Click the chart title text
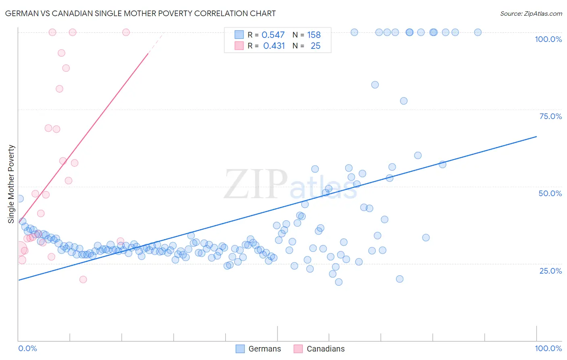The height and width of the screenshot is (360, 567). click(140, 13)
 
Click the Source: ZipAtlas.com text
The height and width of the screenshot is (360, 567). click(531, 13)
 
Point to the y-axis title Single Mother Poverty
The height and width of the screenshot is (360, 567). click(11, 184)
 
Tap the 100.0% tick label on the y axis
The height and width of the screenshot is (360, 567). click(548, 39)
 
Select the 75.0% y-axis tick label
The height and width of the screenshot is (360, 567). click(550, 116)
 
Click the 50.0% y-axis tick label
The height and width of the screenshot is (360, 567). click(550, 193)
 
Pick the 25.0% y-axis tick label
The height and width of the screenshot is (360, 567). click(550, 270)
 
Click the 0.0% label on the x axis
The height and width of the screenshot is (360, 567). click(27, 348)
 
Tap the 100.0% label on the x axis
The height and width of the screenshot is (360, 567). click(548, 348)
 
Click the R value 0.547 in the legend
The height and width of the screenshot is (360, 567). click(273, 35)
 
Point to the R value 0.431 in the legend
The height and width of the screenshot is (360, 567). click(274, 46)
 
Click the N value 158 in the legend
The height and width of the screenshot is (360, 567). click(314, 35)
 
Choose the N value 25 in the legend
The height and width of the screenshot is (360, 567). click(315, 46)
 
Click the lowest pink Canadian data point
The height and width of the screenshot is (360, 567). click(83, 279)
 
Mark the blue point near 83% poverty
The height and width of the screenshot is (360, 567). click(375, 85)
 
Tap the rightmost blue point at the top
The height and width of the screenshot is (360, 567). click(478, 32)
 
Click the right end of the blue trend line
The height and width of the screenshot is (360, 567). click(536, 137)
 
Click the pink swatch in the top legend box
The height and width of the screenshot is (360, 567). click(239, 46)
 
